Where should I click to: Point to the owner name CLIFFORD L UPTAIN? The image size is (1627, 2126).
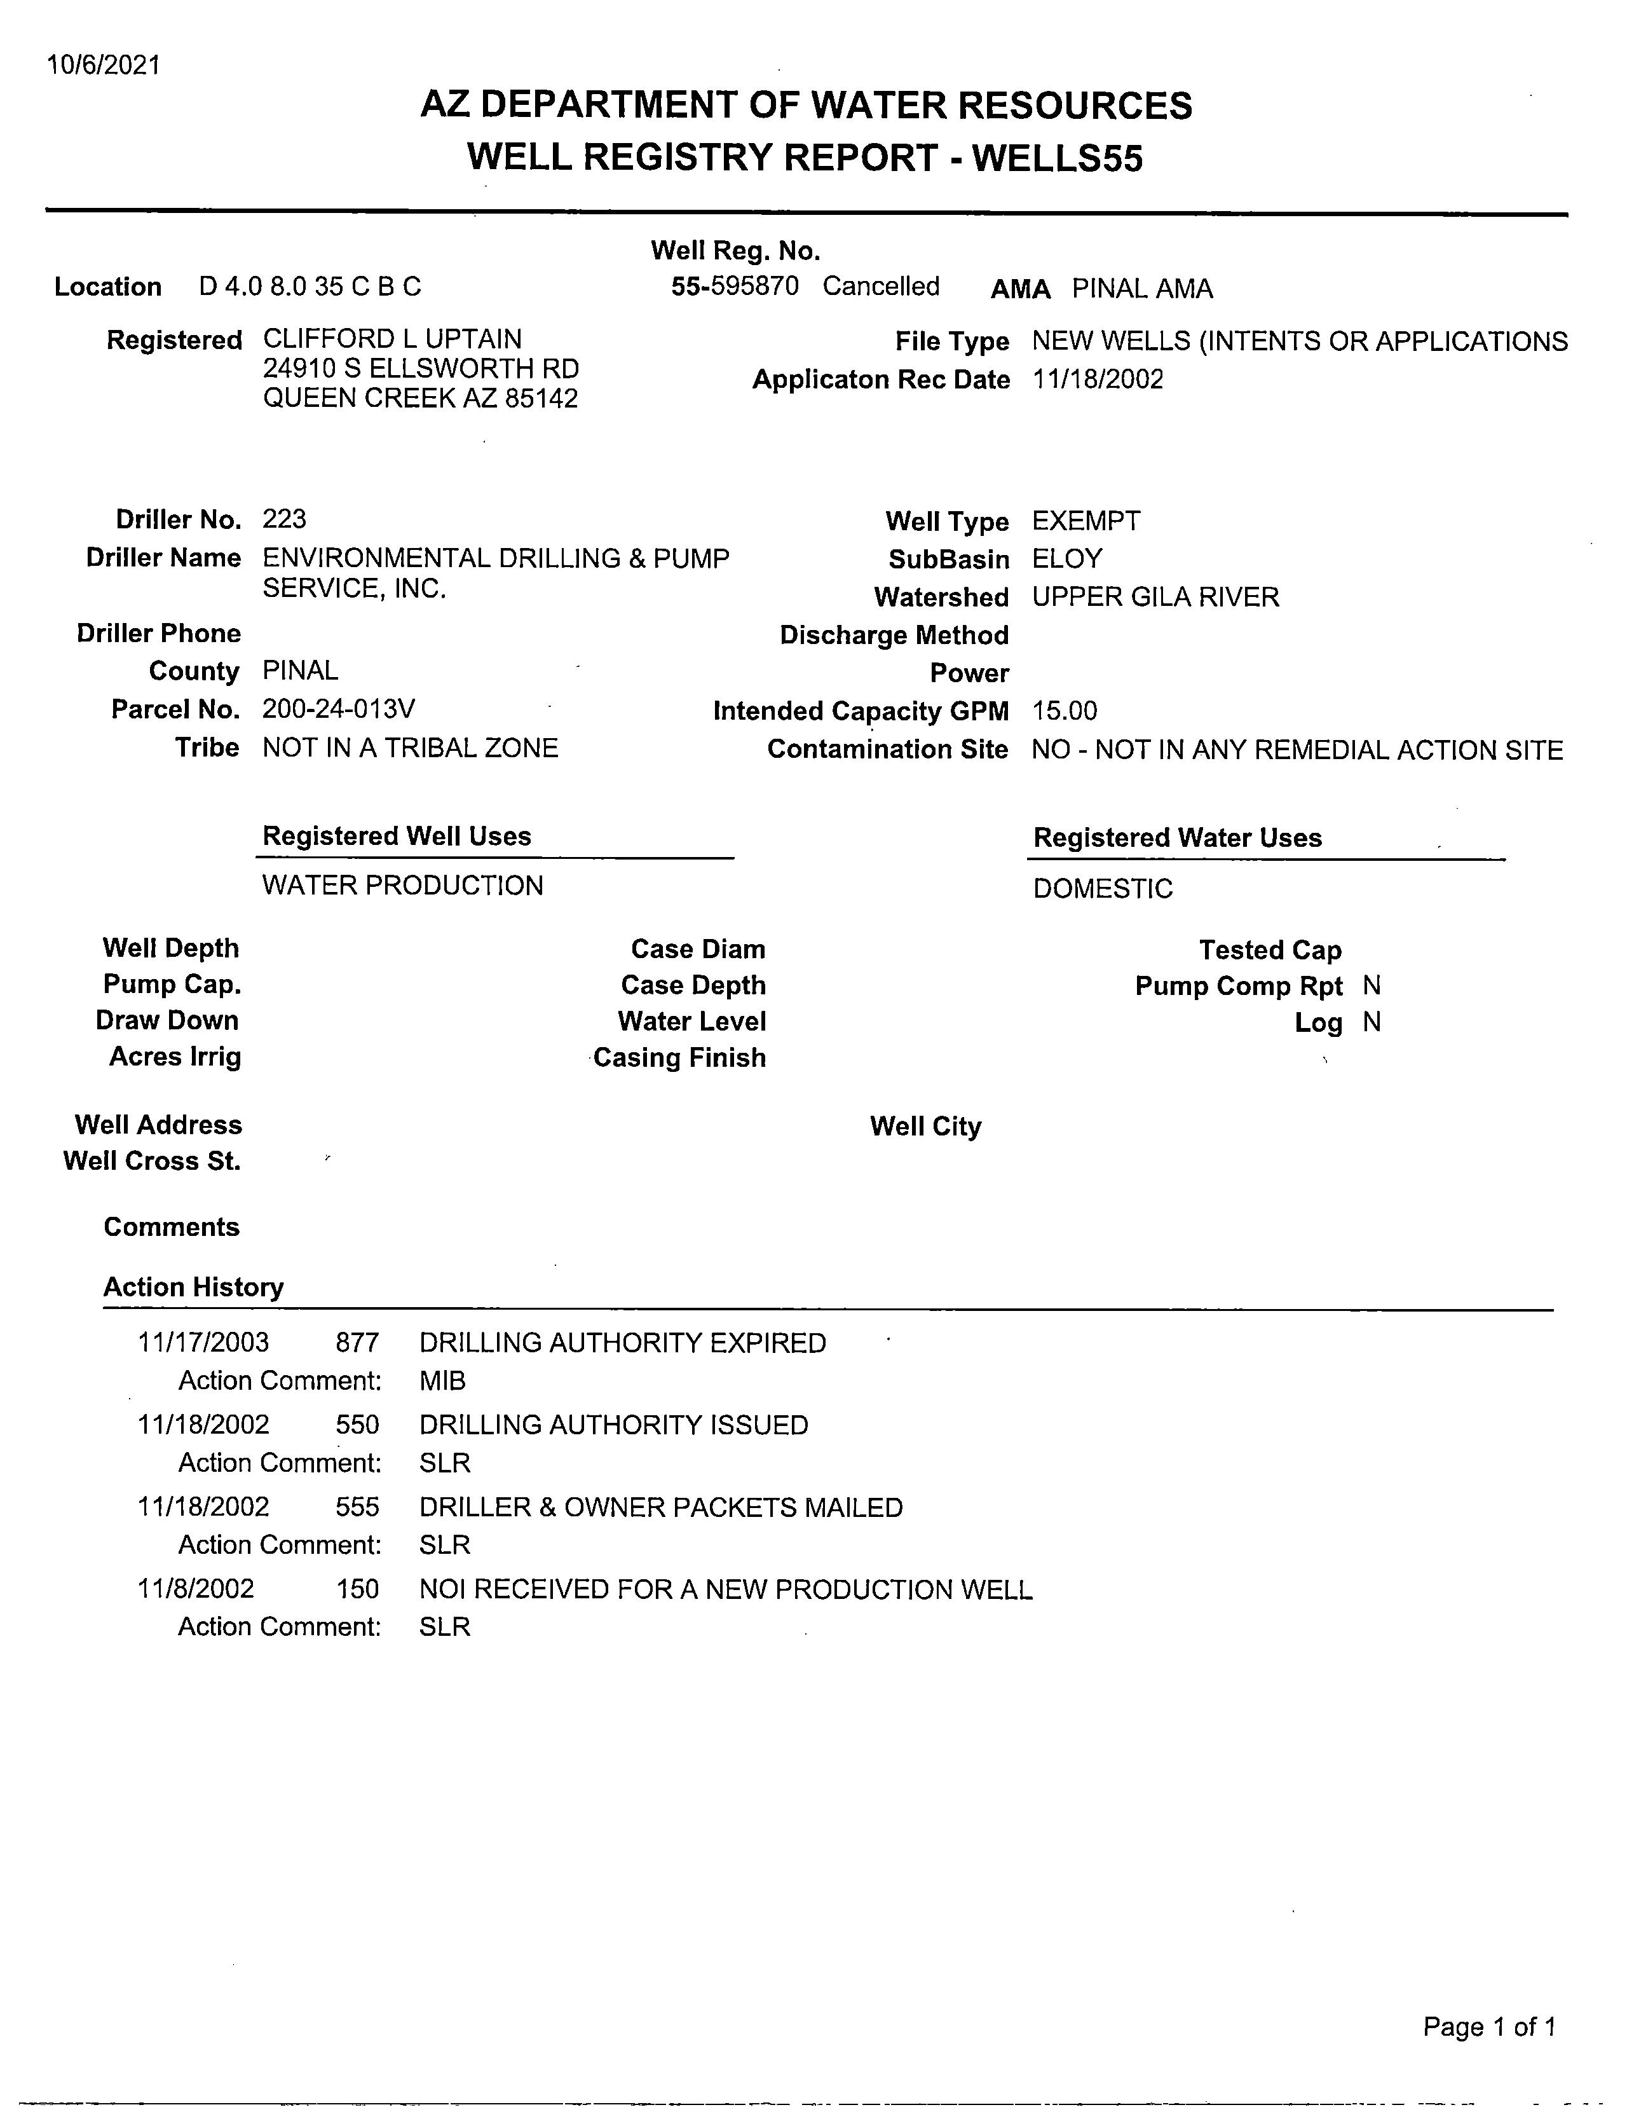(392, 339)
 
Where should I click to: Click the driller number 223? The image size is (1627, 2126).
(283, 519)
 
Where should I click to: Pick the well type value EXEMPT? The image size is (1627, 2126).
(1086, 521)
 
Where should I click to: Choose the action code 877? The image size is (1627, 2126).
(357, 1343)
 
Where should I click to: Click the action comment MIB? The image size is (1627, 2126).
(442, 1380)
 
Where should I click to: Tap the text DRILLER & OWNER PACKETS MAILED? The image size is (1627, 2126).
(660, 1507)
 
